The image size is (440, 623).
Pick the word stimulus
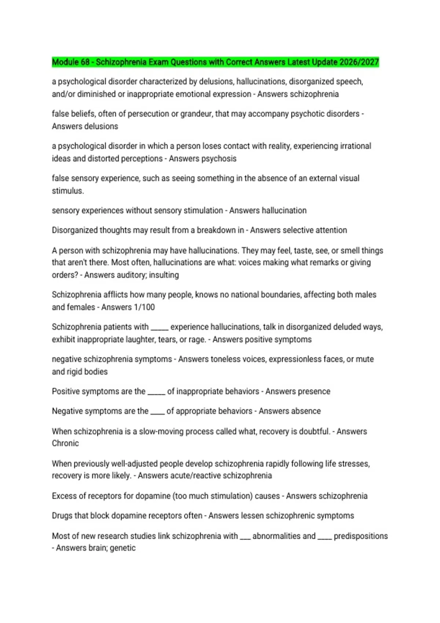point(67,191)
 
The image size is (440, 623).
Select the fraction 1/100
point(144,307)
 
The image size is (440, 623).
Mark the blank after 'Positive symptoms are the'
point(156,392)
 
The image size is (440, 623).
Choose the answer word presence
point(314,391)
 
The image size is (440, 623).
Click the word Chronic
point(65,443)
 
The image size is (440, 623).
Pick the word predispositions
point(360,536)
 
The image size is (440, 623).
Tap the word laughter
point(140,339)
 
